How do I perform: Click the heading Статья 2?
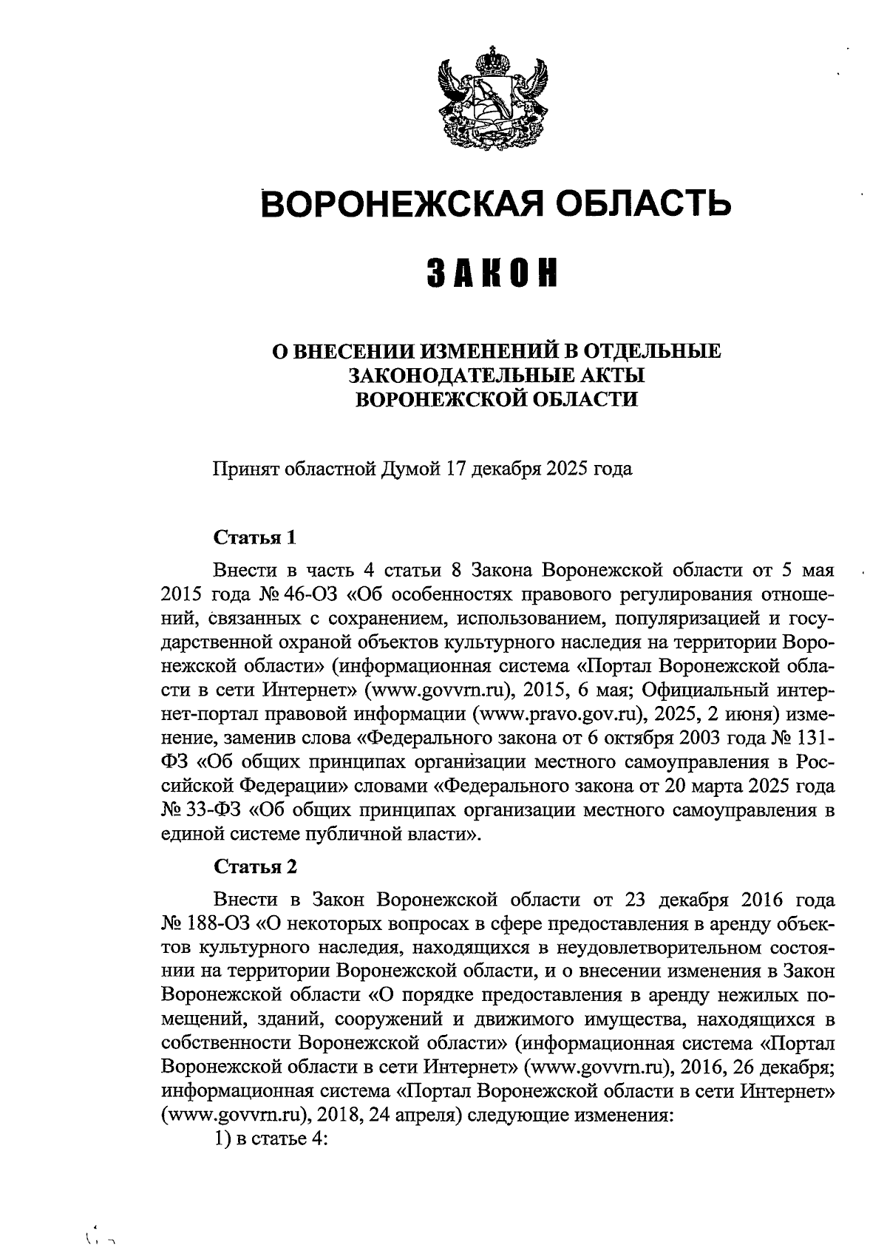point(255,866)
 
